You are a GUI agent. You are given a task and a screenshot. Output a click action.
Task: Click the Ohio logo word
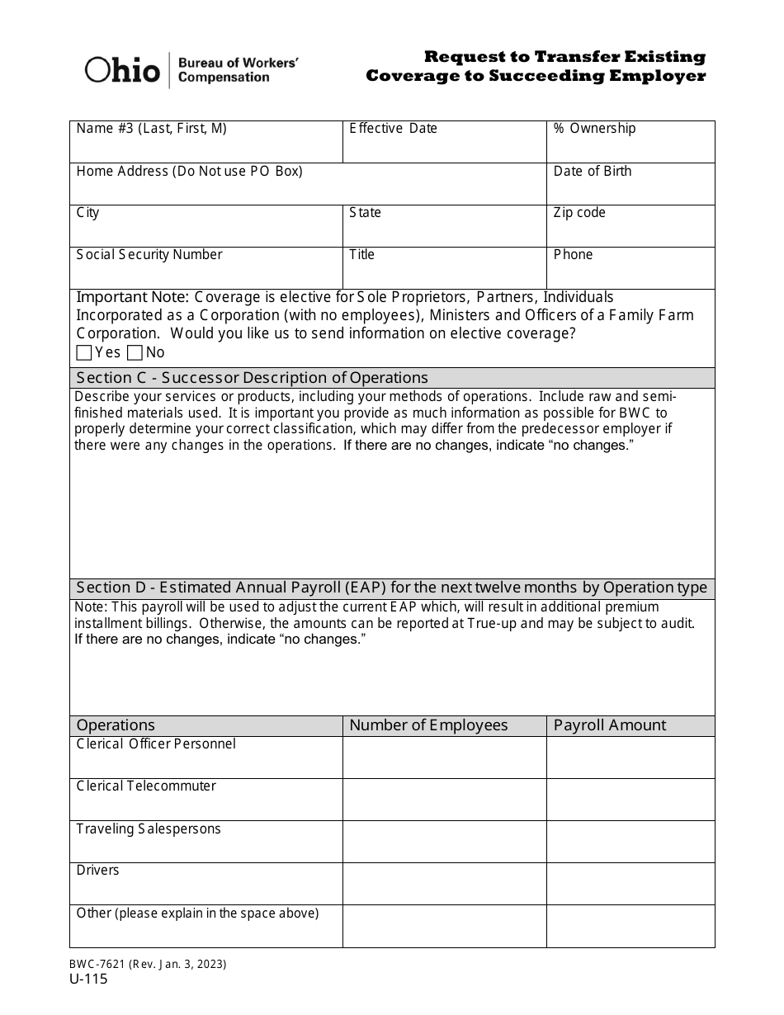click(x=122, y=71)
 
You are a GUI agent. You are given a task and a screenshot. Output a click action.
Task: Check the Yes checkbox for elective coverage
click(x=84, y=353)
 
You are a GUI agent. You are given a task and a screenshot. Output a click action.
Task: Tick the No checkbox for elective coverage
click(x=135, y=353)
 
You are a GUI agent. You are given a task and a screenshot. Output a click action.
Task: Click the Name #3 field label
click(x=151, y=129)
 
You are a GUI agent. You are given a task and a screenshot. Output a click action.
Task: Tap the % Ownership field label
click(x=594, y=129)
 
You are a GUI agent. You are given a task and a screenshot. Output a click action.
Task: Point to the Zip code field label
click(x=579, y=213)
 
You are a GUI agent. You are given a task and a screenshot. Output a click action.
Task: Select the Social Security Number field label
click(x=149, y=255)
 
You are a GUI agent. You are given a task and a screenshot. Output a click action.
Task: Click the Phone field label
click(x=573, y=255)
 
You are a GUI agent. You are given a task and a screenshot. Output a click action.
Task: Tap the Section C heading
click(x=253, y=378)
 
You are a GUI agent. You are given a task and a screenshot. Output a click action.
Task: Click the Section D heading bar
click(x=392, y=588)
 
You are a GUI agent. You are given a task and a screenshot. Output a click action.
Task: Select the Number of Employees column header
click(x=428, y=725)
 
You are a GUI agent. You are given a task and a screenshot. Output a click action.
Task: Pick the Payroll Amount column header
click(x=609, y=725)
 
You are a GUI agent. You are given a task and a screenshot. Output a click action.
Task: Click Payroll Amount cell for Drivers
click(x=631, y=884)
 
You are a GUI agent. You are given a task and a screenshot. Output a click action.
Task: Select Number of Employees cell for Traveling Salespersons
click(x=444, y=842)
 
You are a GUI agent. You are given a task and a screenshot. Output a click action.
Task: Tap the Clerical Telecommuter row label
click(x=146, y=786)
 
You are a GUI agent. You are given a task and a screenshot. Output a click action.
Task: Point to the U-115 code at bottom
click(x=90, y=980)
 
